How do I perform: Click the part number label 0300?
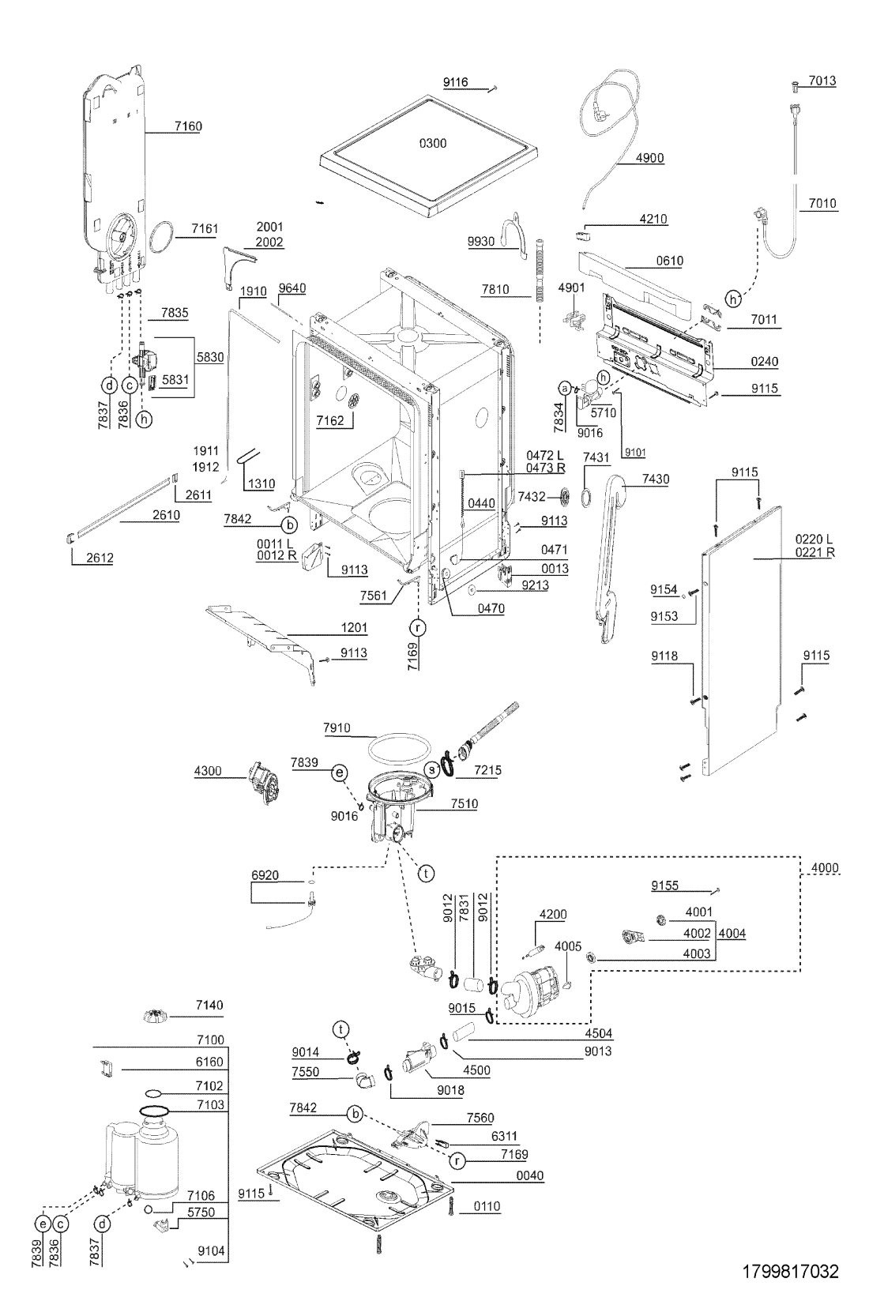coord(432,143)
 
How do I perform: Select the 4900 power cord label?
coord(649,158)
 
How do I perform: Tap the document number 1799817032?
coord(791,1272)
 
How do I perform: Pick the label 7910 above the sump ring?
coord(337,728)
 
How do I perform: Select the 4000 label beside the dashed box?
coord(825,868)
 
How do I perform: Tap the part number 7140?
coord(209,1006)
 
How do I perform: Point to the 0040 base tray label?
coord(529,1175)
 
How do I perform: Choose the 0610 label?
coord(669,261)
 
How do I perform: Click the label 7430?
coord(656,479)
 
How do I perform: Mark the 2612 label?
coord(100,558)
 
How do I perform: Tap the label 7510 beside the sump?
coord(464,804)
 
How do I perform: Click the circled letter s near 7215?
coord(432,769)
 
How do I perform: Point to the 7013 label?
coord(822,81)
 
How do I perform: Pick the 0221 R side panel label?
coord(818,552)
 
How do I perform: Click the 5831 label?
coord(175,380)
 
